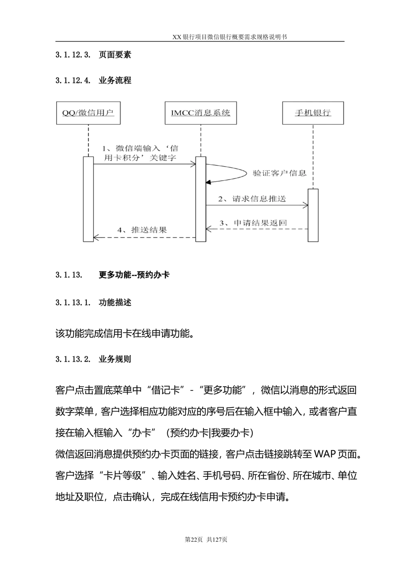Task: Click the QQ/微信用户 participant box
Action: click(88, 113)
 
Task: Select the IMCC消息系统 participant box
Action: click(201, 113)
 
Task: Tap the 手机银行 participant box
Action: click(313, 113)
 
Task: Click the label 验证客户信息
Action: click(280, 173)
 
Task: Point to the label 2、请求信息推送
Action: click(252, 199)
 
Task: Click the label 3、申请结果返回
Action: click(254, 223)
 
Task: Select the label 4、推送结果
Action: click(142, 230)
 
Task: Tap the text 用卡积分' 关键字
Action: click(140, 158)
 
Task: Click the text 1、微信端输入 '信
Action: click(140, 149)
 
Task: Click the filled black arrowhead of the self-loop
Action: click(208, 183)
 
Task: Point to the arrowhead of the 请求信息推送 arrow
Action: click(306, 206)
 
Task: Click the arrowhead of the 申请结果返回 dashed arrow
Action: click(208, 230)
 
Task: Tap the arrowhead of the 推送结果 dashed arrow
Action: click(96, 237)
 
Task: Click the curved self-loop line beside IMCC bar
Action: click(246, 173)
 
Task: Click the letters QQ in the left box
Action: click(67, 113)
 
